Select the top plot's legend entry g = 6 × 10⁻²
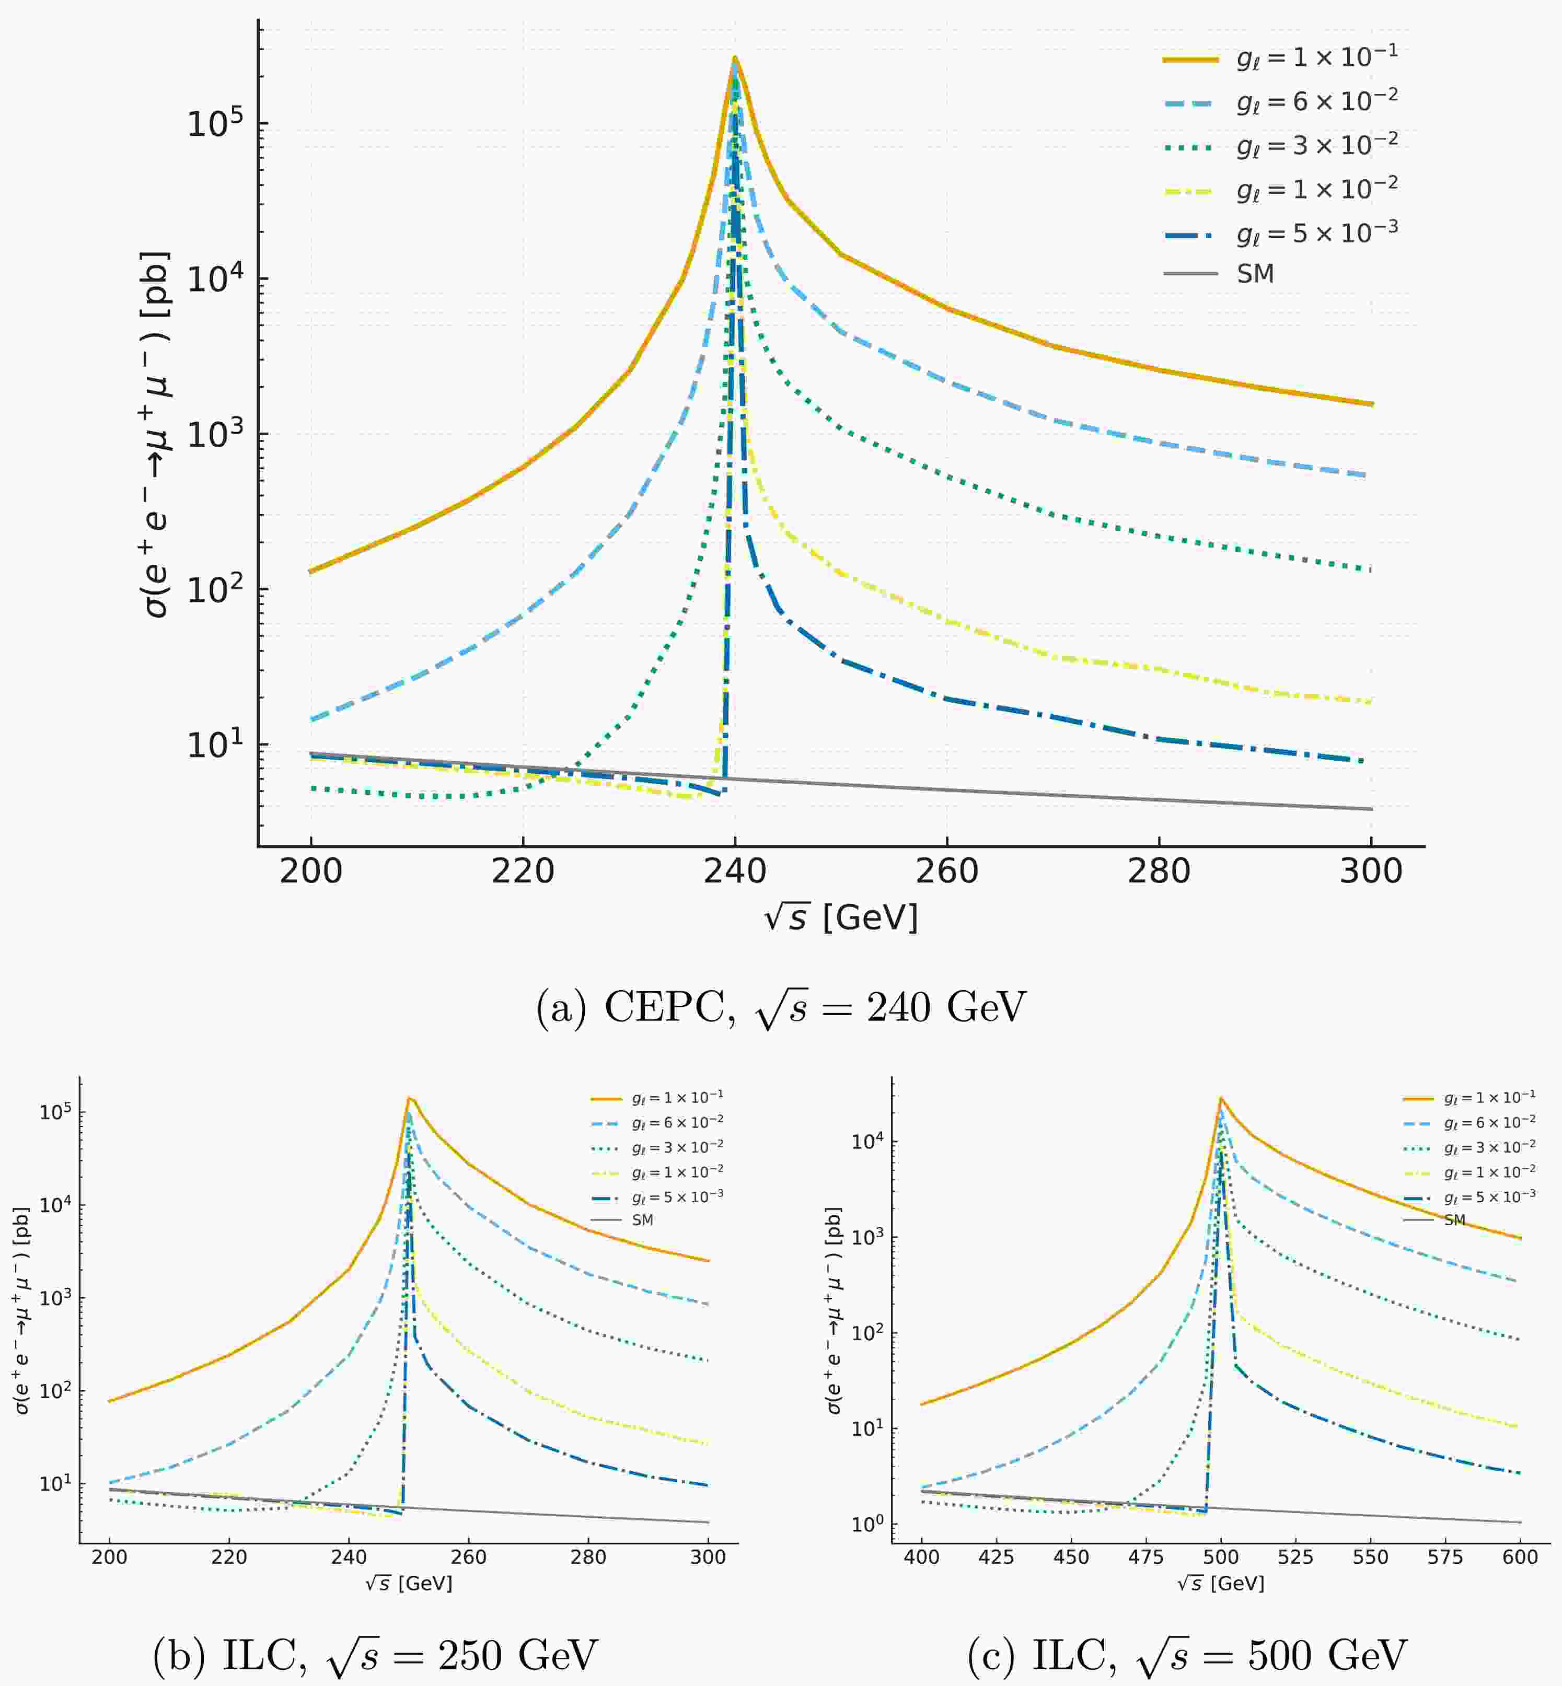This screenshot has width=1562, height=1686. [1316, 101]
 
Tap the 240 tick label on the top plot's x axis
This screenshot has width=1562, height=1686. [735, 871]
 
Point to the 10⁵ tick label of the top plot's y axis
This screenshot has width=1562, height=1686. [214, 123]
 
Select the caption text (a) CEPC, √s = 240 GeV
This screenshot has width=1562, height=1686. [781, 1008]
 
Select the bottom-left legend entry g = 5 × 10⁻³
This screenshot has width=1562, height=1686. [677, 1196]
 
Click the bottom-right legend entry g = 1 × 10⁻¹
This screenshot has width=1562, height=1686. [1489, 1098]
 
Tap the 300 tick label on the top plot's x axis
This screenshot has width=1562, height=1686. [1370, 871]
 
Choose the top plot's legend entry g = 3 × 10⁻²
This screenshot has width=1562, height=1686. [1316, 145]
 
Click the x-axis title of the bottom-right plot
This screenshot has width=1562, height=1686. [1221, 1583]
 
